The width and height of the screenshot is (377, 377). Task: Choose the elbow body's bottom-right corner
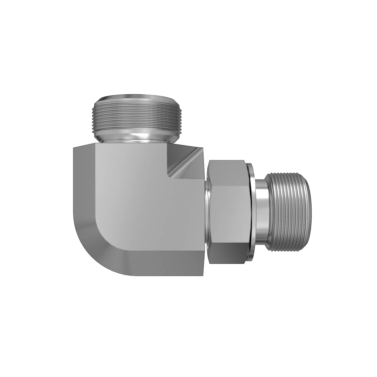pos(204,274)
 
